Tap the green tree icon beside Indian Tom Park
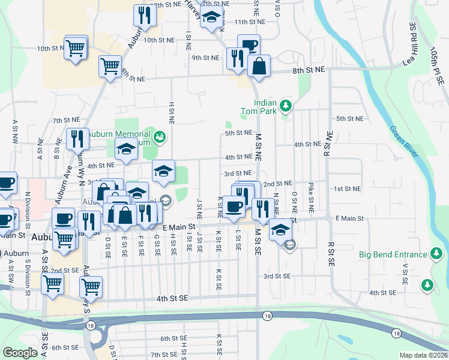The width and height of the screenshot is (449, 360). [x=286, y=106]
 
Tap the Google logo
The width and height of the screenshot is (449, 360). [x=20, y=353]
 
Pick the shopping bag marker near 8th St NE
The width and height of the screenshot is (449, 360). [x=259, y=67]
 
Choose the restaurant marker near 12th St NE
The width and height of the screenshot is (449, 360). [x=143, y=15]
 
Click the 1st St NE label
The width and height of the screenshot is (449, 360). [x=347, y=188]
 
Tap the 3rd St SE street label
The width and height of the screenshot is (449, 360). [x=277, y=276]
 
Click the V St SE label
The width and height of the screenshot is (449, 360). [x=406, y=273]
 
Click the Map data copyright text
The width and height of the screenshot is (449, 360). [x=423, y=355]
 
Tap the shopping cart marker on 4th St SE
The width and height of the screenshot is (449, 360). [x=91, y=287]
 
